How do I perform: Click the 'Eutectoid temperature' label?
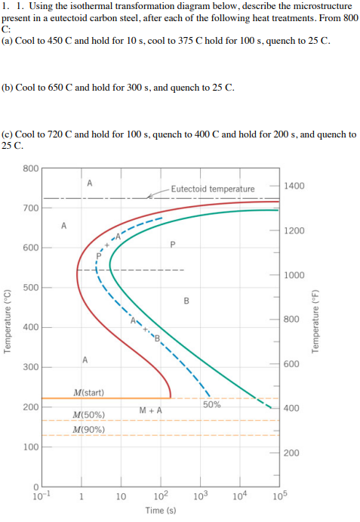[212, 188]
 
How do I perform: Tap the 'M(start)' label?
[89, 392]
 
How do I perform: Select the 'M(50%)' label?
[89, 415]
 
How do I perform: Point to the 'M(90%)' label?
[89, 430]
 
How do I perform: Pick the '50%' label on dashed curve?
[212, 405]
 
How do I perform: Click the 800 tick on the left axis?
[31, 168]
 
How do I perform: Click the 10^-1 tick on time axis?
[42, 496]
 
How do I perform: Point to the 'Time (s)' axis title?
[160, 511]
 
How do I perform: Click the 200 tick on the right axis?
[292, 453]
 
